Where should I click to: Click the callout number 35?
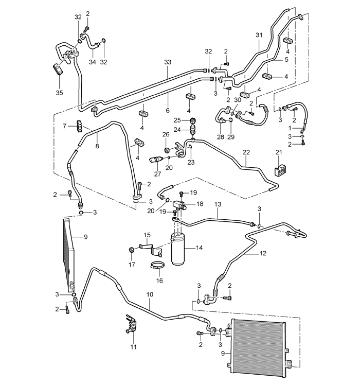(59, 93)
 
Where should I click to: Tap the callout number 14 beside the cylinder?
(199, 248)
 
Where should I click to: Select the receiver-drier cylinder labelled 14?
(178, 249)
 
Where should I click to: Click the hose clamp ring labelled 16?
(157, 266)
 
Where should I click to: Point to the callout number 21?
(279, 152)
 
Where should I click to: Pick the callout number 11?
(134, 347)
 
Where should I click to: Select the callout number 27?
(157, 174)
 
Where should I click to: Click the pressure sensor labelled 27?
(156, 160)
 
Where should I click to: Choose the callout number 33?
(168, 62)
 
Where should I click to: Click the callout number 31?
(259, 35)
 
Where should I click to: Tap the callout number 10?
(150, 294)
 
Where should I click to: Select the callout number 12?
(263, 253)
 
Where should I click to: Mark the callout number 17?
(132, 265)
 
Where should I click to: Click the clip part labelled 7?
(79, 126)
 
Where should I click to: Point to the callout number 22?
(246, 152)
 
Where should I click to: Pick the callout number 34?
(92, 62)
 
